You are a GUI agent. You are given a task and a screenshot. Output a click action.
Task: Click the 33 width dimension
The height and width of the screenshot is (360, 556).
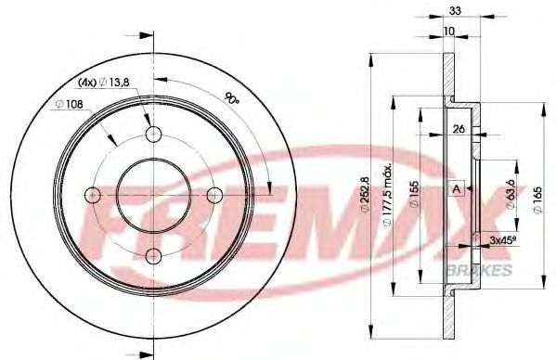pos(455,11)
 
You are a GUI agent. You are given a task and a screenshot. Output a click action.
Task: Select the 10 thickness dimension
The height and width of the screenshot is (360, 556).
pos(449,32)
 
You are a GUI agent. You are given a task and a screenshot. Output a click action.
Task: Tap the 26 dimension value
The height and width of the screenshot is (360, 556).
pos(459,129)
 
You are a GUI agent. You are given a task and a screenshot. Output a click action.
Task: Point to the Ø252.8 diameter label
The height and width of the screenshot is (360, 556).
pos(364,196)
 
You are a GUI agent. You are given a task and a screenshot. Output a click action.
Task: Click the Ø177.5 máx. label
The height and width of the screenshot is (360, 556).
pos(387,194)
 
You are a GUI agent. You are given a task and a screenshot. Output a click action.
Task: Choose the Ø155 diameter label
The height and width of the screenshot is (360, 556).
pos(414,194)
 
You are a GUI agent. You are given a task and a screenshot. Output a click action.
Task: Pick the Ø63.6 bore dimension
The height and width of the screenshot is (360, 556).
pos(511,195)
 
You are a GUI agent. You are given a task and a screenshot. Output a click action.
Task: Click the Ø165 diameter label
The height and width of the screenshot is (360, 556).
pos(537,200)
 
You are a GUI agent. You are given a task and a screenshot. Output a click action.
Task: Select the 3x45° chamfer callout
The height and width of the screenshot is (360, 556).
pos(502,240)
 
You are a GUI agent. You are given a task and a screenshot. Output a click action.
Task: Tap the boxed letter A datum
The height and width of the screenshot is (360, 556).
pos(457,189)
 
